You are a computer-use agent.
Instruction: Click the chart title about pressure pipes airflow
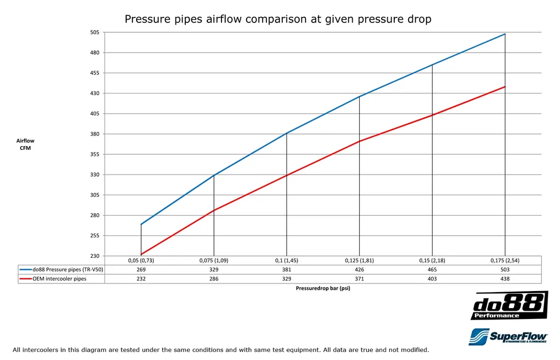click(278, 19)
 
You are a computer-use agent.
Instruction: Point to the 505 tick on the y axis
click(95, 33)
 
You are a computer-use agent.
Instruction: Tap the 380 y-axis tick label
click(95, 134)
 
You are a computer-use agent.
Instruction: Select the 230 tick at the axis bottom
click(95, 256)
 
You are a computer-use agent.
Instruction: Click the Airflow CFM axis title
click(25, 144)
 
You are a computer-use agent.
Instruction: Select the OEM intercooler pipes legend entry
click(59, 278)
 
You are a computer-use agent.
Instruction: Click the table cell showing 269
click(141, 269)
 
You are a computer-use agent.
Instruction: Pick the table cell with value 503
click(504, 269)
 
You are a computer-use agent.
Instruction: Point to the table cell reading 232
click(141, 278)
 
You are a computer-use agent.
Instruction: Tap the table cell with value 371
click(359, 278)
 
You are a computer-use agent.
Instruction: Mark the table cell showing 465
click(432, 269)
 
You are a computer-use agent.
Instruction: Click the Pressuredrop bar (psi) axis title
click(323, 288)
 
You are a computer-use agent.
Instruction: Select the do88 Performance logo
click(509, 306)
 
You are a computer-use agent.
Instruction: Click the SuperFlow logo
click(508, 336)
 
